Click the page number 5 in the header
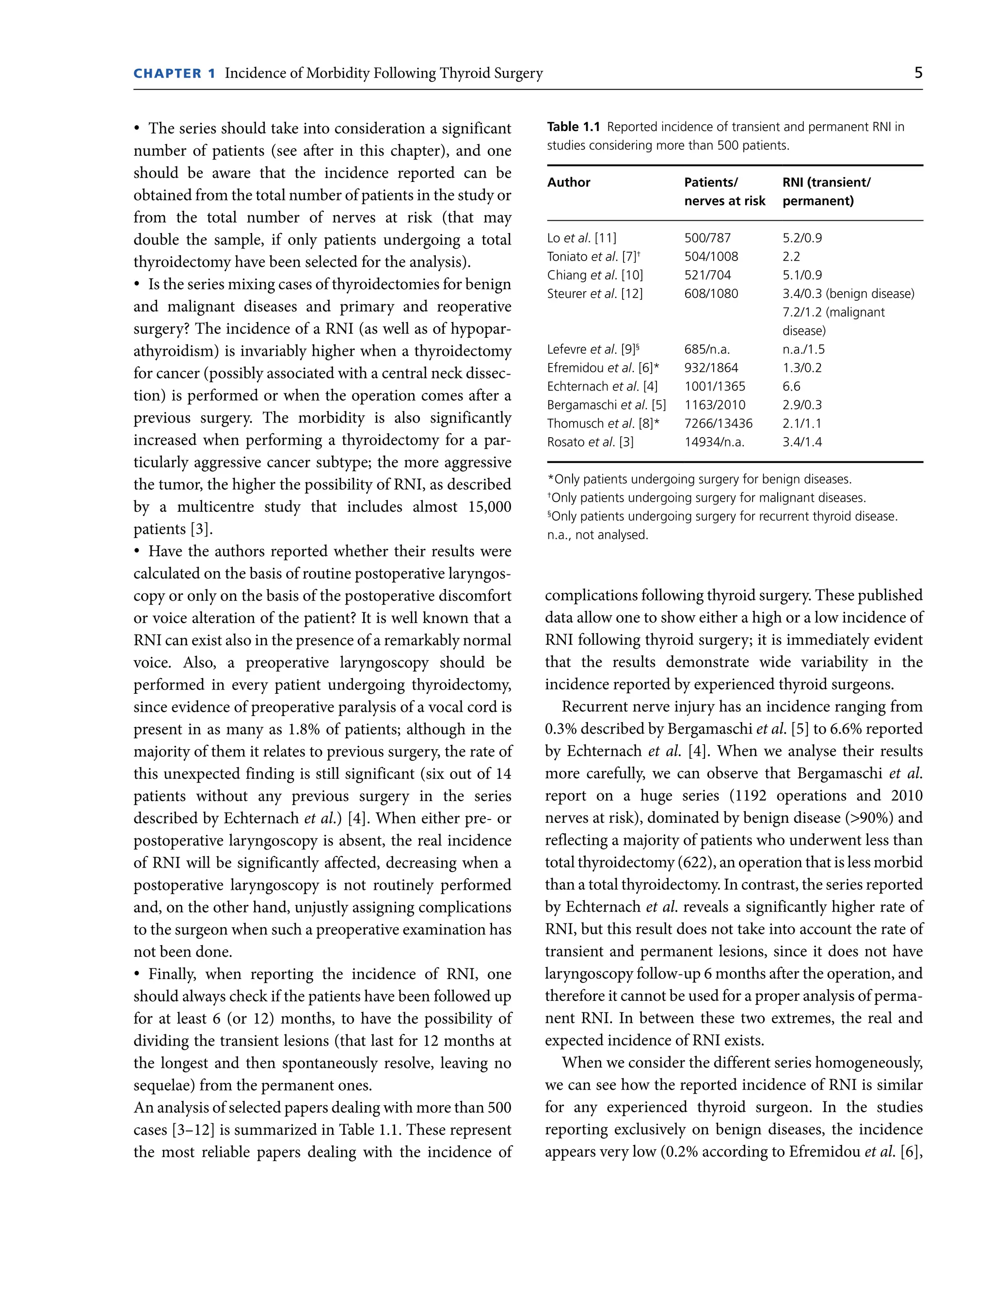coord(917,73)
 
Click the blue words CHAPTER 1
coord(175,73)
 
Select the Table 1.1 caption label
coord(573,127)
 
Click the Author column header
coord(568,182)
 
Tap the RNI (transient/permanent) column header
coord(826,191)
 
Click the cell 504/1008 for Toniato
coord(711,256)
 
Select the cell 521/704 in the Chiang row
coord(707,275)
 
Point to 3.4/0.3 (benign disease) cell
coord(848,294)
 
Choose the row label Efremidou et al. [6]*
coord(603,368)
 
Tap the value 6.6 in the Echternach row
coord(791,386)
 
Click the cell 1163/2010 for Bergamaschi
coord(715,405)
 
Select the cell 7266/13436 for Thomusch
coord(718,424)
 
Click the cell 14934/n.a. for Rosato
coord(714,442)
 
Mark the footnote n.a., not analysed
coord(597,535)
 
